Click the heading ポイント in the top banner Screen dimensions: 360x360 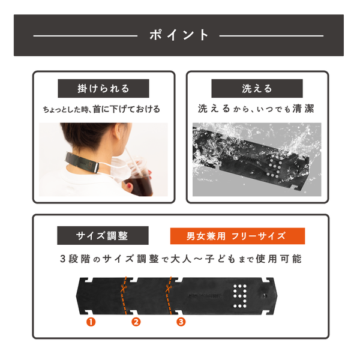tap(179, 35)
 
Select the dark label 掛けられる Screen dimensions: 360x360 tap(103, 88)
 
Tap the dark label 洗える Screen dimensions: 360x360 tap(257, 88)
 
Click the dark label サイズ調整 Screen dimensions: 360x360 tap(103, 236)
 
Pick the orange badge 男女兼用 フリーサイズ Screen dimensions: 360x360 tap(238, 236)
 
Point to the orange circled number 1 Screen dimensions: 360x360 tap(91, 322)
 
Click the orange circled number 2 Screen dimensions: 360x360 tap(136, 322)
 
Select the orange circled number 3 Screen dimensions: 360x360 tap(181, 322)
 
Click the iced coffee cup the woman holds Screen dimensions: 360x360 tap(139, 178)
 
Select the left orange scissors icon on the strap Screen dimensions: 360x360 tap(123, 288)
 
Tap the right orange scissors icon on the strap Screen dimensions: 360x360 tap(168, 288)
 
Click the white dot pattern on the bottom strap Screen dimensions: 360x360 tap(239, 296)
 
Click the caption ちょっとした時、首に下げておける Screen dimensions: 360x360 tap(102, 109)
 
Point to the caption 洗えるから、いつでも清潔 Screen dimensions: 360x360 tap(256, 109)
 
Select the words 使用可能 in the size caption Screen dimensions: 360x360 tap(279, 259)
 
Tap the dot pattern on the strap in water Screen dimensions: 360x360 tap(274, 166)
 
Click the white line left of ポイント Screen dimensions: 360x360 tap(85, 36)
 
